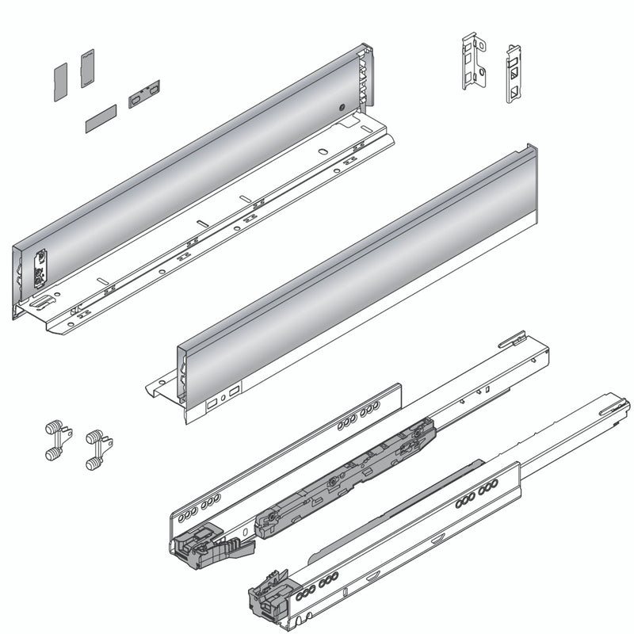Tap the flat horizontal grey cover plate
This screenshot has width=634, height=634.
(x=100, y=120)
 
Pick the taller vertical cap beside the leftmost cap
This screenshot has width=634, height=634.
(x=87, y=67)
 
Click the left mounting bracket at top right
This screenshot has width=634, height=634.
(x=473, y=60)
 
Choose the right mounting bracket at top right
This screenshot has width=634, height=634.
(x=514, y=74)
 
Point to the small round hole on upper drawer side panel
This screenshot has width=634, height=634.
(x=340, y=107)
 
